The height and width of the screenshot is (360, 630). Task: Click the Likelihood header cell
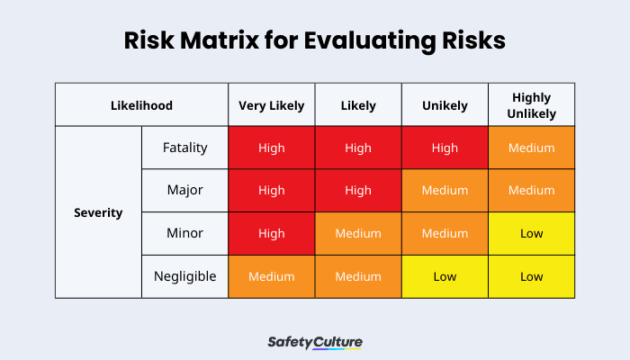point(141,105)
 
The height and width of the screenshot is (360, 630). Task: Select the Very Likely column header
point(271,105)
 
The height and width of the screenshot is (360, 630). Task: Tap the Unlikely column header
point(445,105)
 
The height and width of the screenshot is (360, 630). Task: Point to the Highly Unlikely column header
point(531,105)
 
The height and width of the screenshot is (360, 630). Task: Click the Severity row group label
point(98,213)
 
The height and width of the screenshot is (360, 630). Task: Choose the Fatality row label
point(184,148)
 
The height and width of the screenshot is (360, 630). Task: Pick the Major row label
point(184,191)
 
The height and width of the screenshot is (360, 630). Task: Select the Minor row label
point(184,233)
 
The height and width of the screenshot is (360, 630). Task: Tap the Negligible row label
point(184,276)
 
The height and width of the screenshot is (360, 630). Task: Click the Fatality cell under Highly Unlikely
point(531,148)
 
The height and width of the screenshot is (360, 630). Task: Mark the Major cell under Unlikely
point(445,191)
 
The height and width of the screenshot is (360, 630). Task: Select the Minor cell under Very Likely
point(271,233)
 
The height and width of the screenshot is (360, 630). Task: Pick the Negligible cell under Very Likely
point(271,276)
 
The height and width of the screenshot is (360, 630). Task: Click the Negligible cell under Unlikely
point(445,276)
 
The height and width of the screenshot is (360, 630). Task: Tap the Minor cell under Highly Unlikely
point(531,233)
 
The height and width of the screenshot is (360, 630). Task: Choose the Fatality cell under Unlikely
point(445,148)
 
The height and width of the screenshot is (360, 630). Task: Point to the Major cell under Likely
point(358,191)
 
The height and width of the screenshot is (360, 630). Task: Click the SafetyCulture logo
point(315,342)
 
